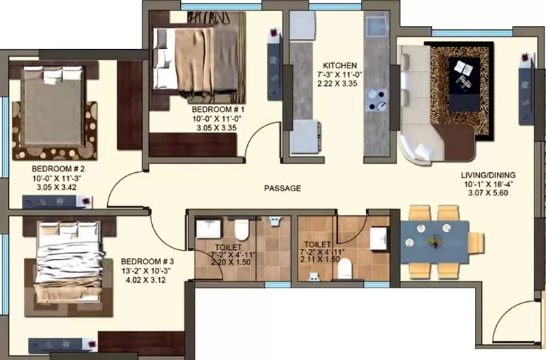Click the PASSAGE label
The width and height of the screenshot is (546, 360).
[x=283, y=188]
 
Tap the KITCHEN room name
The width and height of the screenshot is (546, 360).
[x=339, y=66]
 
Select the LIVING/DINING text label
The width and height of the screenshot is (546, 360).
[x=488, y=176]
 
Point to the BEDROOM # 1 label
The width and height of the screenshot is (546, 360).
[x=218, y=109]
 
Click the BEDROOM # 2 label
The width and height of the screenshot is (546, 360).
[x=58, y=169]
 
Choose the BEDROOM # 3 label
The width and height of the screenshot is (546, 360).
[x=147, y=262]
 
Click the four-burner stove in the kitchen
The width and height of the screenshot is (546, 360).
[x=377, y=100]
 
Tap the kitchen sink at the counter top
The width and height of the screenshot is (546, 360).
[x=377, y=27]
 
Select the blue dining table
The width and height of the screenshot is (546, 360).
[x=435, y=241]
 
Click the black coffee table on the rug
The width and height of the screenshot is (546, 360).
[x=465, y=84]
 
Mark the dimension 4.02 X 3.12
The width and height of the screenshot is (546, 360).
[x=145, y=280]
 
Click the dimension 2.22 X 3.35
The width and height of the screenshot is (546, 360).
[x=337, y=83]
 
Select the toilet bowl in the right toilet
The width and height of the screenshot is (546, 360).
[x=345, y=268]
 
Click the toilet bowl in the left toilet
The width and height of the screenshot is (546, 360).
[x=242, y=230]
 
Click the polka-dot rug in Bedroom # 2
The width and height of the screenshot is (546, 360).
[x=55, y=130]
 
